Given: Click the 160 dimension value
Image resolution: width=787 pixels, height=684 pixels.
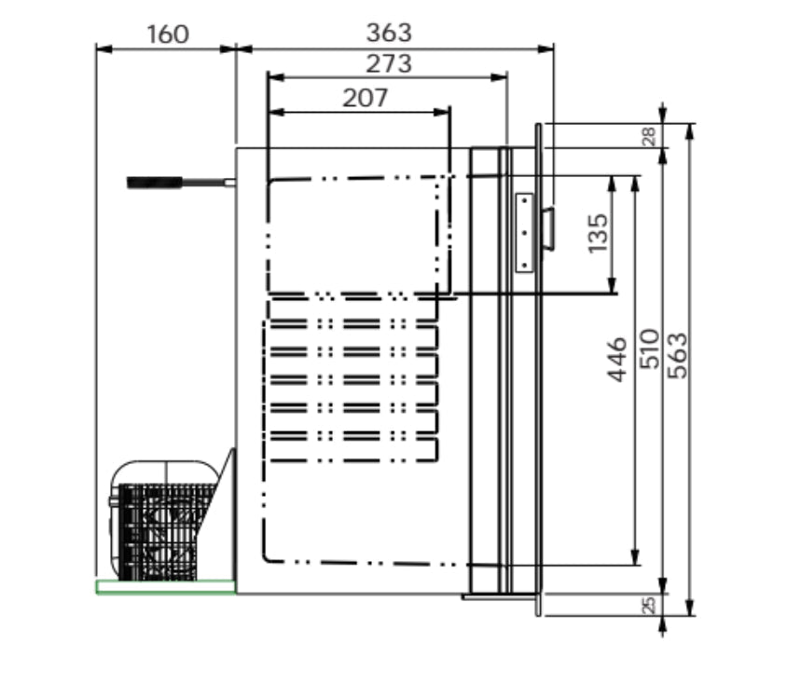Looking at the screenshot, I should point(168,34).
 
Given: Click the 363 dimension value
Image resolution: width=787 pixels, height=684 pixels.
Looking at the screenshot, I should point(389,33).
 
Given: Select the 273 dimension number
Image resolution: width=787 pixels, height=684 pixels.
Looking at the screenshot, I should point(389,64).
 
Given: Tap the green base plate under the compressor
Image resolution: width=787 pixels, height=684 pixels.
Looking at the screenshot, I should point(165,586).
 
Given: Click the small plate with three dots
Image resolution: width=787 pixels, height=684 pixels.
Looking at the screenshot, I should point(524,232).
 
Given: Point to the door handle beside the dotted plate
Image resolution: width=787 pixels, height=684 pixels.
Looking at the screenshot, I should point(548,228).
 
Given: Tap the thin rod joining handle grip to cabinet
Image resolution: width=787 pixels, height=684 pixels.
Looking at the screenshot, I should point(210,183).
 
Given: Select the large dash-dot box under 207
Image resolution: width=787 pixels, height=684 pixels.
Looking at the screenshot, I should point(354,235).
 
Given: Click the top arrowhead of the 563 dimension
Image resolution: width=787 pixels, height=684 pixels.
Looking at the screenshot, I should point(690,131).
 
